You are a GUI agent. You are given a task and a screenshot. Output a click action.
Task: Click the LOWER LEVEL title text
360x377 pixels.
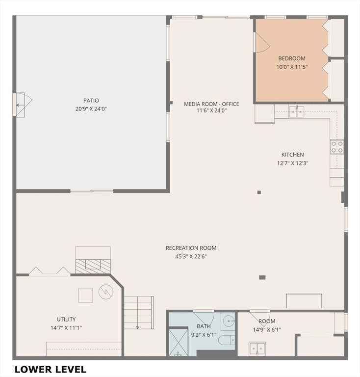[x=51, y=369]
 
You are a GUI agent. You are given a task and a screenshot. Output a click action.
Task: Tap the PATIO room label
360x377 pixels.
[x=91, y=101]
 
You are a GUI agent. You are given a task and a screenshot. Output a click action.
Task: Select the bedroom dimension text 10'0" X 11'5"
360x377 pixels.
[x=292, y=67]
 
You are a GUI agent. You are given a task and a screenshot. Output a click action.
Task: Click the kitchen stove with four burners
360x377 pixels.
[x=337, y=147]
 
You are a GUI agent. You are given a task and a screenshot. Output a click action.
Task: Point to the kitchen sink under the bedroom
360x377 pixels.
[x=297, y=111]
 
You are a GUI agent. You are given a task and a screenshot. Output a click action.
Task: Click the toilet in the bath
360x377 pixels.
[x=227, y=340]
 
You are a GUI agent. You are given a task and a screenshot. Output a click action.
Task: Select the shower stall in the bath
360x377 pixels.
[x=178, y=342]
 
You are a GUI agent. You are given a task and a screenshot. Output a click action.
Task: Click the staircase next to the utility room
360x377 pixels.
[x=139, y=313]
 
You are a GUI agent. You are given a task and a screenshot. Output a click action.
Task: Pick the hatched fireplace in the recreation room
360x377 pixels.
[x=93, y=266]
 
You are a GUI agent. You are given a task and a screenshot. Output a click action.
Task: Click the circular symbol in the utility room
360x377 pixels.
[x=106, y=292]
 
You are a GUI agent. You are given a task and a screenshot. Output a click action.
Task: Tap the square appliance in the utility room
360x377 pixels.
[x=86, y=295]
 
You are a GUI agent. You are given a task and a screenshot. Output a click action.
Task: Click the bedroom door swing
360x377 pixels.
[x=262, y=43]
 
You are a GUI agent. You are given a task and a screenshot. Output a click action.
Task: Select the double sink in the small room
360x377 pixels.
[x=257, y=349]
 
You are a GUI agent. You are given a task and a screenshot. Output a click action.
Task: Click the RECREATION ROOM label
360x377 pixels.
[x=191, y=248]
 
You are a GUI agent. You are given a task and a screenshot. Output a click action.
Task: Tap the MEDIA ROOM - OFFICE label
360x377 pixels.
[x=211, y=104]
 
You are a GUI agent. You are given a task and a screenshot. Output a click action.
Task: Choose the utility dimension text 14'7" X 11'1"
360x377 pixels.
[x=66, y=328]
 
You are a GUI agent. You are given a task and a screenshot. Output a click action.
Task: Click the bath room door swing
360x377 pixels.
[x=204, y=318]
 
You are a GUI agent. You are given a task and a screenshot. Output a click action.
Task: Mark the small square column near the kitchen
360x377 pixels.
[x=259, y=192]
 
